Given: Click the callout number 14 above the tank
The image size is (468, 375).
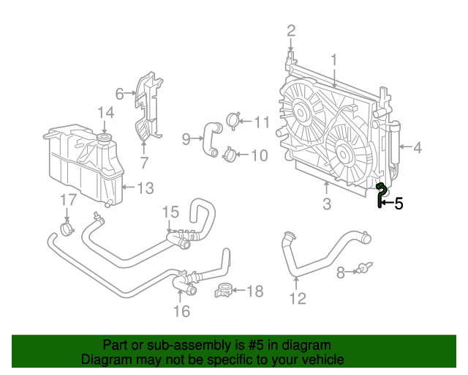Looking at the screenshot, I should point(106,112).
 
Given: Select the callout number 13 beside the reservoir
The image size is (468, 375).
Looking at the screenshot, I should point(145,188).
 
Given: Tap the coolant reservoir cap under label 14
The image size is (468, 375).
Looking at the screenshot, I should point(105,138).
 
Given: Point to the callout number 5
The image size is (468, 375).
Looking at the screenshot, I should point(399,204).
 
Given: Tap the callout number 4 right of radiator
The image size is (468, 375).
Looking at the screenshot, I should point(418,148).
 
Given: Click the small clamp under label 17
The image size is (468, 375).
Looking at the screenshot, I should point(67,230).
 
